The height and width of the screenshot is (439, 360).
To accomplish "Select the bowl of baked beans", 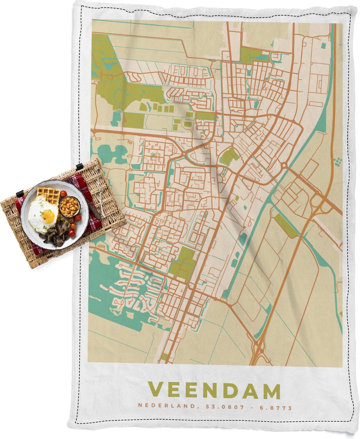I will (69, 207).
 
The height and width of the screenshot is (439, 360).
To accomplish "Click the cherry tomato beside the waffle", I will (63, 194).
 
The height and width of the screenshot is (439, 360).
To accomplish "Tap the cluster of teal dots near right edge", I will (338, 161).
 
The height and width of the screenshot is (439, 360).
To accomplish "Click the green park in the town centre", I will (229, 157).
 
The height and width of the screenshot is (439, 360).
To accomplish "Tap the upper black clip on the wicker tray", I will (79, 167).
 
